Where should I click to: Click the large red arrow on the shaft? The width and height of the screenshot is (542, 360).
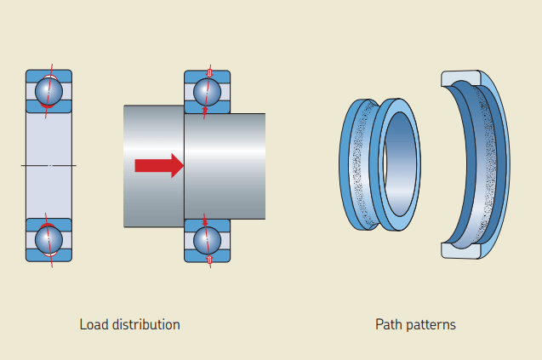pos(159,165)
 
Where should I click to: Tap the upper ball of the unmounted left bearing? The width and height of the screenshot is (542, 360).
pos(48,89)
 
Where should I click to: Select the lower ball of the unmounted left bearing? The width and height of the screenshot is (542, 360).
pos(48,239)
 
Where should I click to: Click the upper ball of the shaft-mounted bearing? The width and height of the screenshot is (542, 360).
pos(208,90)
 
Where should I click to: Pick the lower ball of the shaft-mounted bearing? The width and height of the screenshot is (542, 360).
pos(207,240)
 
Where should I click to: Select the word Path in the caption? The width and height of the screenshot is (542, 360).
pos(388,324)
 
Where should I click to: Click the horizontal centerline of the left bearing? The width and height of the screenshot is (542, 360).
pos(48,164)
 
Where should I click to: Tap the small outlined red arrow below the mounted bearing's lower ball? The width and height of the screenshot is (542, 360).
pos(207,260)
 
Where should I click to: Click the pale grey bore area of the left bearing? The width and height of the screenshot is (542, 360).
pos(48,136)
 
